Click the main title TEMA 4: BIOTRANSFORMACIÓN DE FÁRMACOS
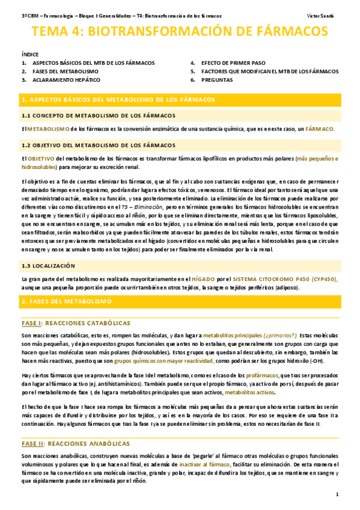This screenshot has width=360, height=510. [x=180, y=32]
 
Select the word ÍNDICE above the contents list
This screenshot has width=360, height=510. [x=29, y=54]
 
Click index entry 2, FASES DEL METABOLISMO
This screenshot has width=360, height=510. [x=66, y=71]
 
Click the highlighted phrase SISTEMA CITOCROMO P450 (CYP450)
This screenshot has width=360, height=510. [x=285, y=279]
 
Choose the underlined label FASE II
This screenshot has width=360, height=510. [x=33, y=444]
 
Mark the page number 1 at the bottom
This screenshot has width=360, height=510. [x=338, y=494]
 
